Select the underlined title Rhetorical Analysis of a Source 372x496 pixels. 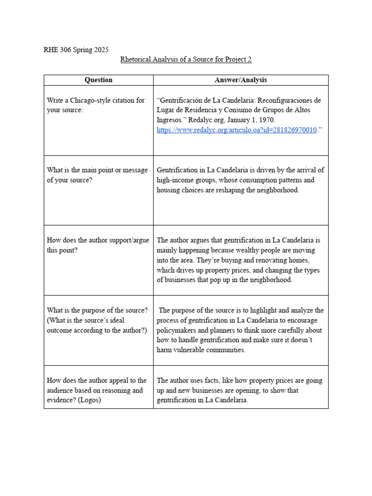coord(186,60)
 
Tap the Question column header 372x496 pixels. coord(98,80)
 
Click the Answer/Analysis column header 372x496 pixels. coord(241,80)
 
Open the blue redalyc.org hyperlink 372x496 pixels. coord(236,130)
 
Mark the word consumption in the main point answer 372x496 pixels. coord(248,180)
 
